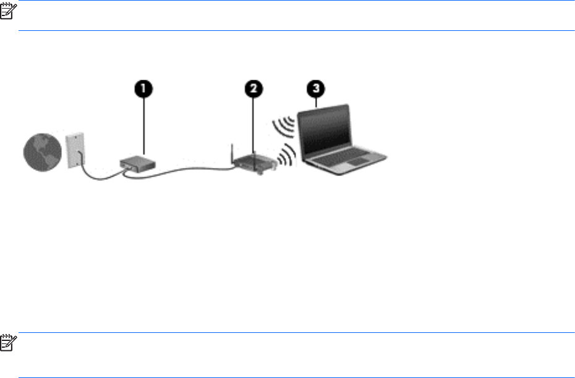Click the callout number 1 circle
coord(143,89)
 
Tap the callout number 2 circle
coord(252,89)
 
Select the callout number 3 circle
coord(317,89)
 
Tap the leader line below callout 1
coord(143,124)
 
